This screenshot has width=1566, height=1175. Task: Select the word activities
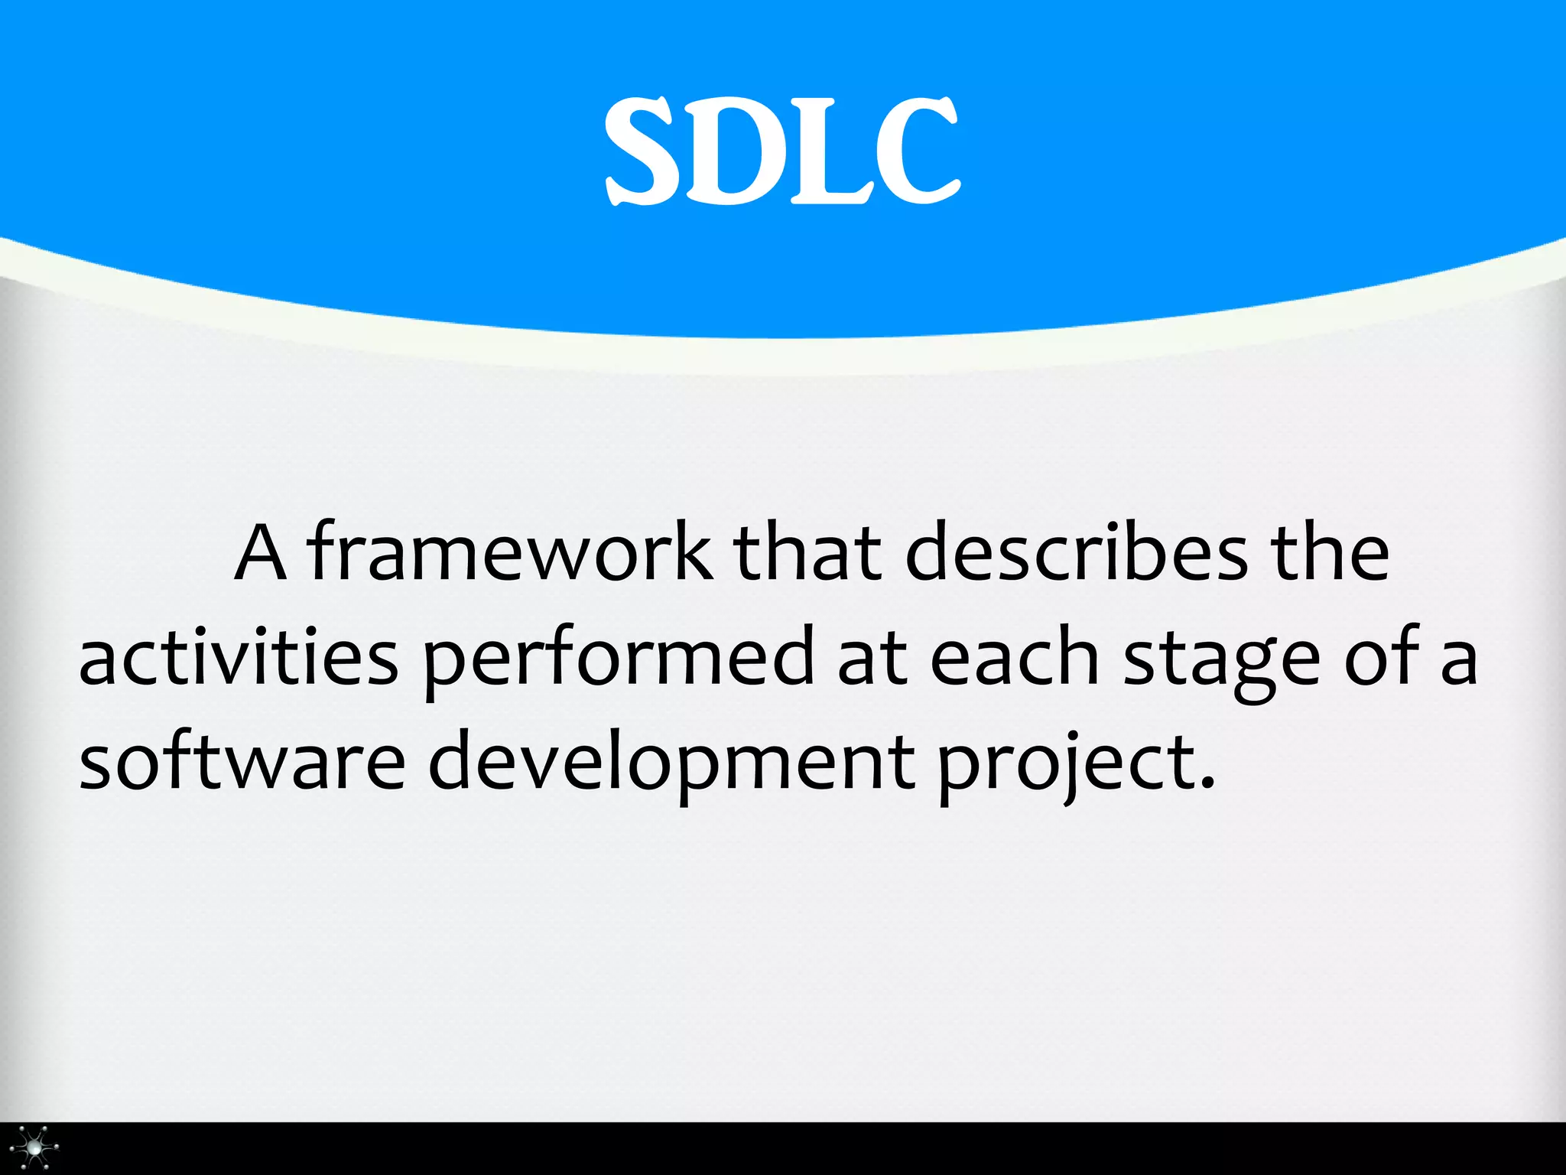point(239,658)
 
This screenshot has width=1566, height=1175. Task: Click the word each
point(1015,658)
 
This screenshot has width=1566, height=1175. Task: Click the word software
point(242,762)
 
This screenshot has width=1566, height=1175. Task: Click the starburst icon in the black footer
point(34,1147)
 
